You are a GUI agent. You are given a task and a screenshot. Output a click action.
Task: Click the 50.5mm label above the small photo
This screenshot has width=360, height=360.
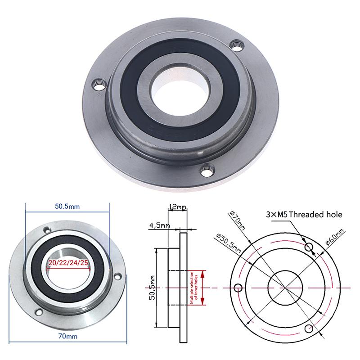[67, 207]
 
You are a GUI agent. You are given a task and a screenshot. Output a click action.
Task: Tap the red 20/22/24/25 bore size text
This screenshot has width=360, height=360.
[68, 263]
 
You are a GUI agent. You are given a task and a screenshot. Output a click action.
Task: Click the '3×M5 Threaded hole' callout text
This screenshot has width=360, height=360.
[304, 215]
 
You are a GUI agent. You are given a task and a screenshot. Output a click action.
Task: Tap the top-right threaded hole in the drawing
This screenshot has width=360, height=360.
[309, 247]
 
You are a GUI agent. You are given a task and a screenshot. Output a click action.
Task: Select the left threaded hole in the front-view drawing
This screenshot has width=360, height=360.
[238, 288]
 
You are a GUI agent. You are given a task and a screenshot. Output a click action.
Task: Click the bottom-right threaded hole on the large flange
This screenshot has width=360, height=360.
[207, 170]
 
